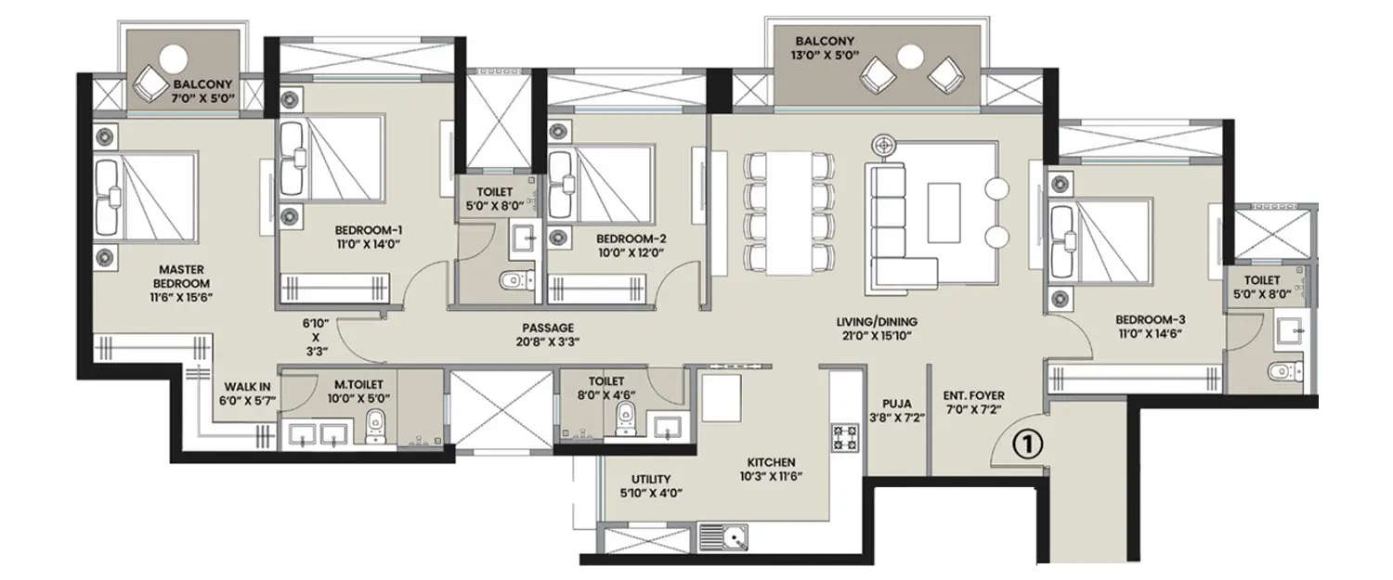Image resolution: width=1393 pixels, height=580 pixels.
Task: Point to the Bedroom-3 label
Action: click(x=1151, y=319)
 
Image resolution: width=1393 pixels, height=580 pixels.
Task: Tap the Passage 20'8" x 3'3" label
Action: click(x=547, y=335)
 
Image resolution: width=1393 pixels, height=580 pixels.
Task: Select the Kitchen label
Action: click(x=772, y=461)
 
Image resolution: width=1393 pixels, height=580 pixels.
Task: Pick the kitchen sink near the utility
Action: click(x=724, y=537)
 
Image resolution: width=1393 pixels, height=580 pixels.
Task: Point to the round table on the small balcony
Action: click(x=173, y=58)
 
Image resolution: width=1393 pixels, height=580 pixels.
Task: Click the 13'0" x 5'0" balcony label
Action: click(x=823, y=49)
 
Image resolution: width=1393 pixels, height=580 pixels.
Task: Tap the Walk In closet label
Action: click(x=246, y=395)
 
